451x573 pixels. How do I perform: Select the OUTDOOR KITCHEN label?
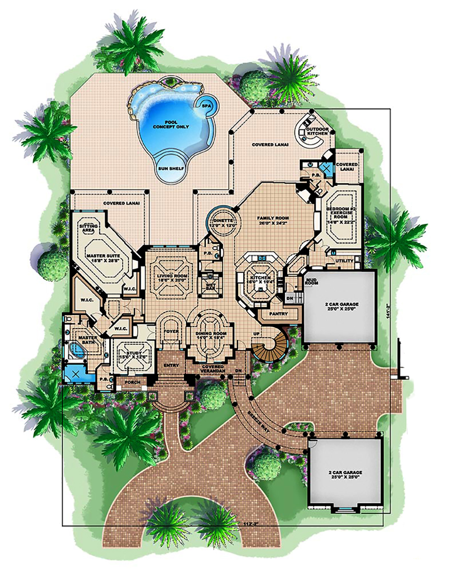314,131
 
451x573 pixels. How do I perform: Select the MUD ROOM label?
312,282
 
